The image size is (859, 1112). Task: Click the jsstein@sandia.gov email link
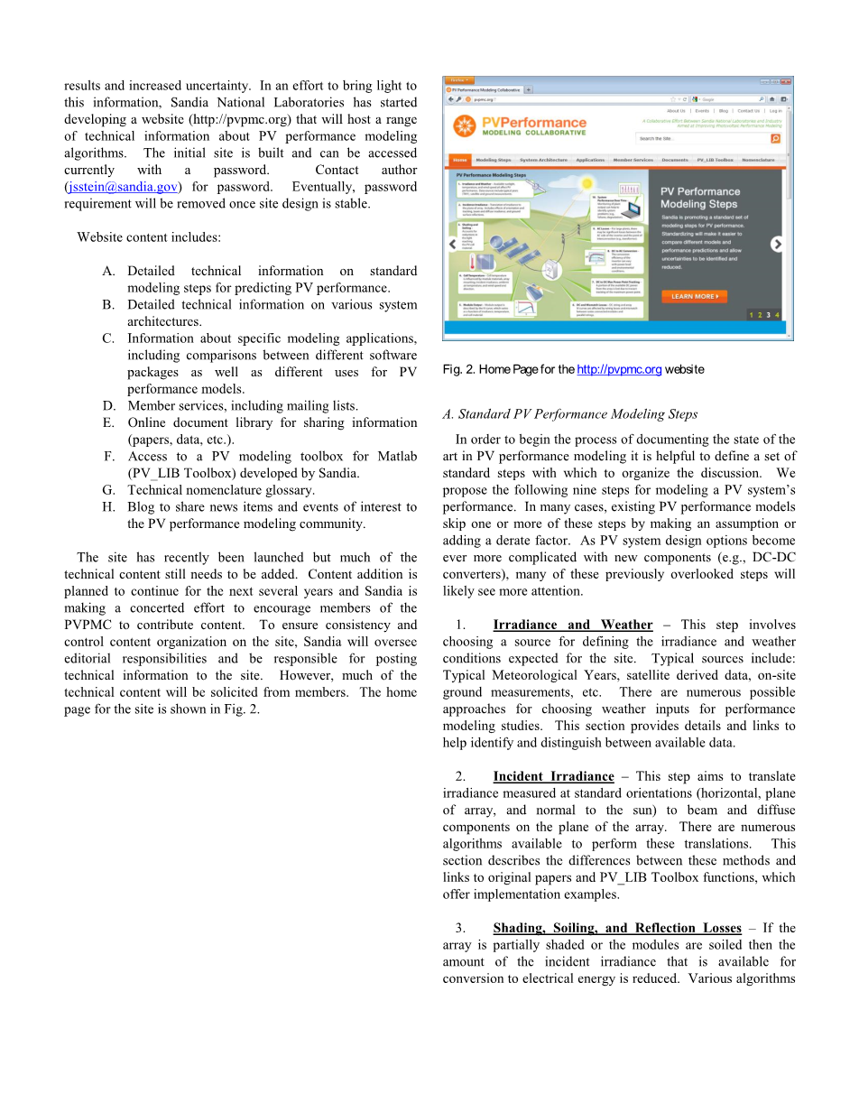click(123, 187)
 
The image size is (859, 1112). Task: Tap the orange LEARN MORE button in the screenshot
click(694, 296)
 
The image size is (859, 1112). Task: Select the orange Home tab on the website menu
click(459, 160)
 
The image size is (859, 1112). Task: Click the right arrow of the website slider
click(776, 244)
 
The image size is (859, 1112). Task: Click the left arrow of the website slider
click(453, 244)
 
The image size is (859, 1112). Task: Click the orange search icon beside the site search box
click(774, 139)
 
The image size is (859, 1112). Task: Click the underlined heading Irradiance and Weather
click(572, 625)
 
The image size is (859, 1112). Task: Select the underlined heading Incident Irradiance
click(553, 776)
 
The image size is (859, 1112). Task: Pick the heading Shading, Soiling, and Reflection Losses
click(616, 928)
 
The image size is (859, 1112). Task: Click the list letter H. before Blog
click(108, 507)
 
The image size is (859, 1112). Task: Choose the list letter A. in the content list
click(108, 271)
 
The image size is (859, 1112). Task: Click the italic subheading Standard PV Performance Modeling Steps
click(569, 414)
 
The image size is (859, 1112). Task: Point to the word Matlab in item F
click(398, 457)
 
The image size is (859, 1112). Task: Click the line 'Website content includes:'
click(149, 237)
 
